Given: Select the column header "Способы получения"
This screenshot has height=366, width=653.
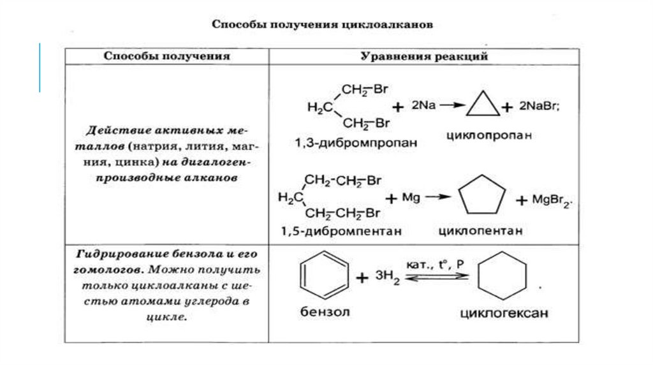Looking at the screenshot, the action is click(166, 56).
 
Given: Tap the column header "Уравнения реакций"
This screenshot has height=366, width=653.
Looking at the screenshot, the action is click(424, 56).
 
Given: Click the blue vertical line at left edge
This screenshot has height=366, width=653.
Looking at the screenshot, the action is click(40, 68).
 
